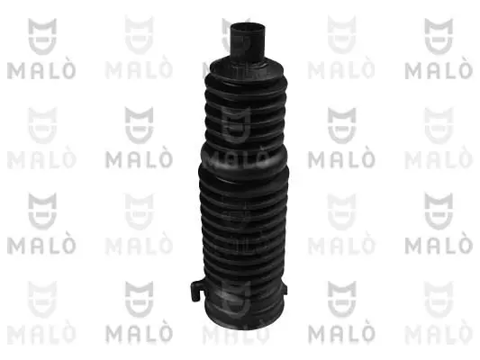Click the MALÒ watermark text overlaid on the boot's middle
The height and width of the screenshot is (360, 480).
[x=240, y=161]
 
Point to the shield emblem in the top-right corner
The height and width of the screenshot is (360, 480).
[x=440, y=34]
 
